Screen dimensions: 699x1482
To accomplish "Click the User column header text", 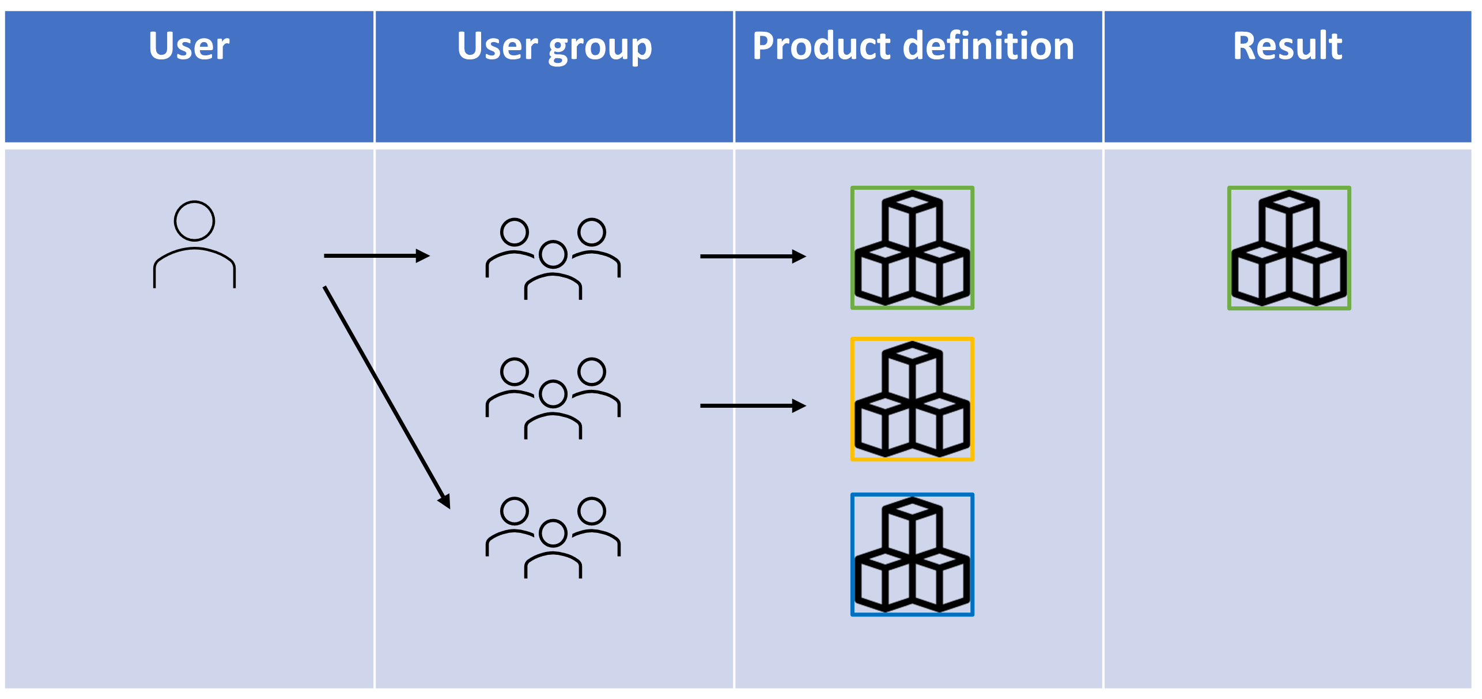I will pyautogui.click(x=189, y=46).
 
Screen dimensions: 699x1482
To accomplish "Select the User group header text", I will pyautogui.click(x=554, y=46).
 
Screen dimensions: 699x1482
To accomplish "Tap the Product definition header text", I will pyautogui.click(x=913, y=46).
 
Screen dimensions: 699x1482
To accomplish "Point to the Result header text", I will pyautogui.click(x=1287, y=46).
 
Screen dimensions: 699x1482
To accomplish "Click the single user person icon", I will pyautogui.click(x=194, y=245).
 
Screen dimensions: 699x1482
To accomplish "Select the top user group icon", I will pyautogui.click(x=553, y=258).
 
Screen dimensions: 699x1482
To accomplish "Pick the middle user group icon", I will pyautogui.click(x=553, y=398).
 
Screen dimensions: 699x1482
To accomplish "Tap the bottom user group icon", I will pyautogui.click(x=553, y=538).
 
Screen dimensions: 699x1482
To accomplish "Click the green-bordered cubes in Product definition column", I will pyautogui.click(x=912, y=248).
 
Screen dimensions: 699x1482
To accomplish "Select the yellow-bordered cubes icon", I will pyautogui.click(x=912, y=399).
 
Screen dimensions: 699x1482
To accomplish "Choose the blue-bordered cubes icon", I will pyautogui.click(x=912, y=554).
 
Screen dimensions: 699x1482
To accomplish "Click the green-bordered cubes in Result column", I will pyautogui.click(x=1289, y=248).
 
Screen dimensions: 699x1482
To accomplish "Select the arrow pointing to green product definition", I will pyautogui.click(x=753, y=256).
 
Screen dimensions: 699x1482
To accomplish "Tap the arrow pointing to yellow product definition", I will pyautogui.click(x=753, y=406).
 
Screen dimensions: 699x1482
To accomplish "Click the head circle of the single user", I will pyautogui.click(x=194, y=221).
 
